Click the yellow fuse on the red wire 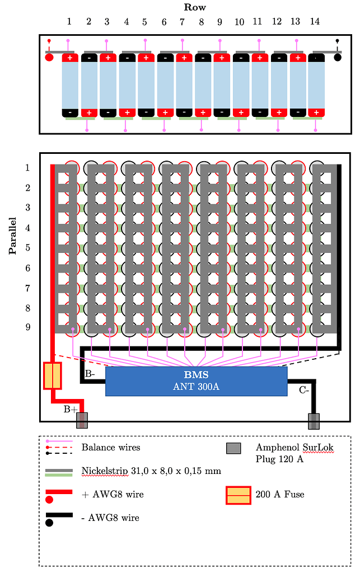click(x=52, y=375)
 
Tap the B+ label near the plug click(x=71, y=410)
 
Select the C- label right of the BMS click(x=304, y=391)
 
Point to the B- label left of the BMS click(x=91, y=374)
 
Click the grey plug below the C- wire click(x=314, y=421)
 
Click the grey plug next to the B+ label click(x=82, y=420)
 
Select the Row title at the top click(x=195, y=7)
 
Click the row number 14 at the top click(x=315, y=22)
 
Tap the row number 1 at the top click(x=69, y=22)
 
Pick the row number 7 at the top click(x=183, y=22)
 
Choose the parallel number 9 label click(x=27, y=327)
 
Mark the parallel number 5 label click(x=27, y=247)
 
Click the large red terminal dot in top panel click(x=49, y=57)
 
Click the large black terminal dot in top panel click(x=337, y=57)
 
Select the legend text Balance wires click(x=111, y=447)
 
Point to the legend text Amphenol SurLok click(x=294, y=447)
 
